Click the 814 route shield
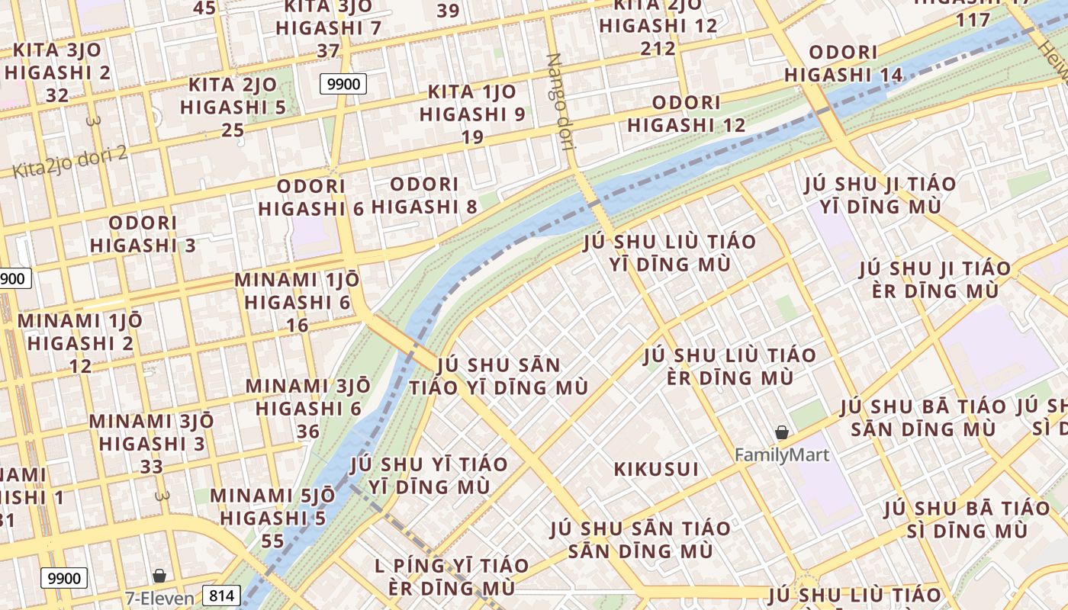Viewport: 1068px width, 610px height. click(x=221, y=596)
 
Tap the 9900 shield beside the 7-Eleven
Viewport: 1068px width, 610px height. click(x=64, y=578)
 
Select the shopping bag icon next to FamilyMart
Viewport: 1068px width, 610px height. click(x=782, y=433)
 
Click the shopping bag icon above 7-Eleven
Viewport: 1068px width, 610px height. click(x=159, y=576)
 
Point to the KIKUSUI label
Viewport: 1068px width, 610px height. click(x=656, y=469)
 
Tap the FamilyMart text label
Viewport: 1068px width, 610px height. click(x=781, y=455)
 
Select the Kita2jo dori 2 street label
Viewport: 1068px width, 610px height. click(x=69, y=162)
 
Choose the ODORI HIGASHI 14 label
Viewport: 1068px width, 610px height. click(x=843, y=64)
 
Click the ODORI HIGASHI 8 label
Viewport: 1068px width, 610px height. click(x=425, y=195)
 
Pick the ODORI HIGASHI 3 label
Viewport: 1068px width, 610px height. click(x=143, y=234)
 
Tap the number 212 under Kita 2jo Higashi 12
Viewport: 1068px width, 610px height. click(x=658, y=49)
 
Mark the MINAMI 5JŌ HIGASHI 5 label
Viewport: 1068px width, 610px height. click(x=272, y=507)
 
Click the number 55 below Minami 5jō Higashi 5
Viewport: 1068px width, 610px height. click(x=272, y=541)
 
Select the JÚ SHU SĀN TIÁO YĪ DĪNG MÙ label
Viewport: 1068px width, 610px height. click(x=499, y=376)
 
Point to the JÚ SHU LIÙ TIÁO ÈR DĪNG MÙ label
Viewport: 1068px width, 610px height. click(x=729, y=366)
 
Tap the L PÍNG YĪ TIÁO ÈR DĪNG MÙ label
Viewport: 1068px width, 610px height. click(x=452, y=577)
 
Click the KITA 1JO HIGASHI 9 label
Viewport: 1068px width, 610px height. click(x=472, y=103)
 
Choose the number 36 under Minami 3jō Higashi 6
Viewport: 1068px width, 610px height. click(x=308, y=432)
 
